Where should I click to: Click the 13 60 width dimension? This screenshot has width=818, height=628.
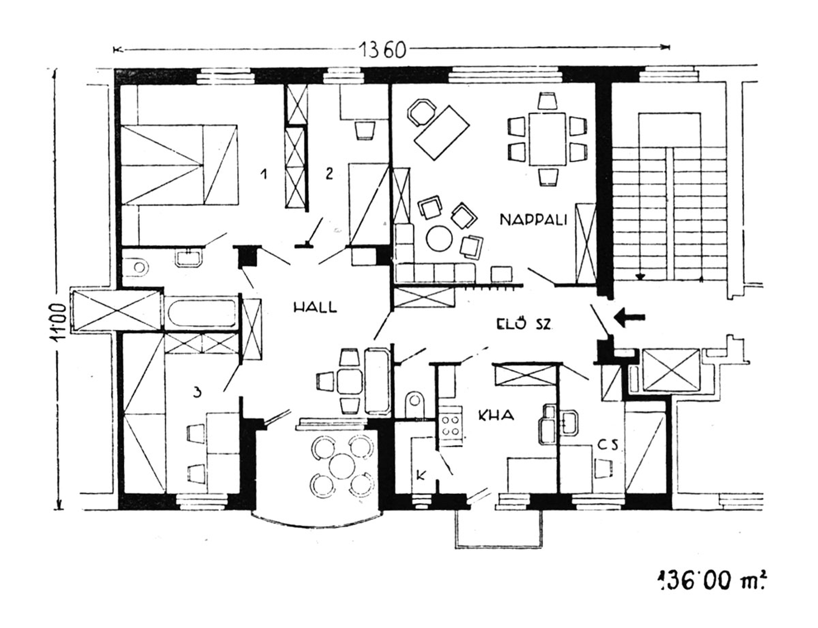[x=382, y=49]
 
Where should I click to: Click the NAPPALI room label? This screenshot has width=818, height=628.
[x=533, y=220]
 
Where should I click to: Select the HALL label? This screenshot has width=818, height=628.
[x=315, y=307]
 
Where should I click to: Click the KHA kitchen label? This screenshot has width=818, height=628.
[x=496, y=415]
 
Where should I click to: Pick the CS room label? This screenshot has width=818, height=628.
[x=608, y=445]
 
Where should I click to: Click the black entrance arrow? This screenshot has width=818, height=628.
[x=629, y=317]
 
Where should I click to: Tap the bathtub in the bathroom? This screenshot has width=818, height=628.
[x=202, y=314]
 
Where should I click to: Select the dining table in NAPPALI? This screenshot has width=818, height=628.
[x=547, y=139]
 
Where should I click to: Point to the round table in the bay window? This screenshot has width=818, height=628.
[x=342, y=466]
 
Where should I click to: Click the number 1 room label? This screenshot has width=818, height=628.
[x=264, y=174]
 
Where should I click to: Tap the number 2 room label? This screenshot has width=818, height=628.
[x=329, y=173]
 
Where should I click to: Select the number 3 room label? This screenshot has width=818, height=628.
[x=197, y=392]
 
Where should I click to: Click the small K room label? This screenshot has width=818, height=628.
[x=421, y=475]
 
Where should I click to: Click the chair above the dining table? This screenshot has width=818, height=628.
[x=547, y=101]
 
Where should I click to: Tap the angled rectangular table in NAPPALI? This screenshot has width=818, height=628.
[x=442, y=133]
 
